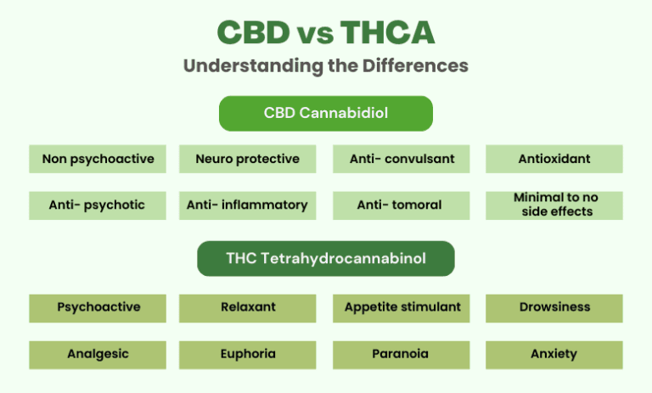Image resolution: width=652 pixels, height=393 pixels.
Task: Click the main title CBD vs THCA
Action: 326,33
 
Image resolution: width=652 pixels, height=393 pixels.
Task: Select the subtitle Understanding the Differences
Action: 326,65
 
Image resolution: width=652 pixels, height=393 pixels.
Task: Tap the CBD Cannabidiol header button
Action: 326,113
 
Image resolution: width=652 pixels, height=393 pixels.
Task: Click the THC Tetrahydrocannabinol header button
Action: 326,259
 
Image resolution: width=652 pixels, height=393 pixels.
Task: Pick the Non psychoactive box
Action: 98,159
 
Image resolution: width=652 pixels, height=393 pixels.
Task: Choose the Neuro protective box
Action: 247,159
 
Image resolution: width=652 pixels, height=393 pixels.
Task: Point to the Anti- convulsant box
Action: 401,159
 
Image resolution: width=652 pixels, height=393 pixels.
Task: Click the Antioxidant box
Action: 554,159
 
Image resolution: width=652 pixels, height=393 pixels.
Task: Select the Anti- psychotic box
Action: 98,205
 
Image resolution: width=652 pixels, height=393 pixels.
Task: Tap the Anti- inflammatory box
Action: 247,205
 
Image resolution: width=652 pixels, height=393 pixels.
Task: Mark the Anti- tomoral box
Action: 401,205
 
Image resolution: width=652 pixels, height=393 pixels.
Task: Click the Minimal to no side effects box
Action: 554,205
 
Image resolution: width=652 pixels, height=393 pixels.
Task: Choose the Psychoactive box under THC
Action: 98,307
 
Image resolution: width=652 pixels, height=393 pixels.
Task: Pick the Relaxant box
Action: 247,307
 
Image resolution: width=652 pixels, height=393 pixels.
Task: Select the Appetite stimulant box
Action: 401,307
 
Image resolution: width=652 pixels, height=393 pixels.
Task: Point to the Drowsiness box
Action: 554,307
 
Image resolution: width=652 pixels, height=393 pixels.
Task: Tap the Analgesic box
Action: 98,354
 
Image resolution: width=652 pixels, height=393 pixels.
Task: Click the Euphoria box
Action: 247,354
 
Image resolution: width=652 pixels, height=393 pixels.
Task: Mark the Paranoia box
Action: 401,354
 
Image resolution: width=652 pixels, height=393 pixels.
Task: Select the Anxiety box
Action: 554,354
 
